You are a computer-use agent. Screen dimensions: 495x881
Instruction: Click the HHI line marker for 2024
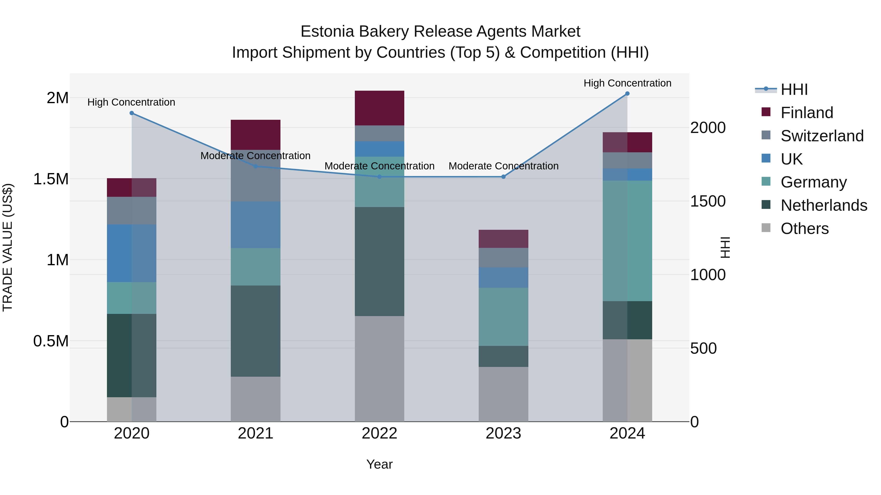click(x=627, y=93)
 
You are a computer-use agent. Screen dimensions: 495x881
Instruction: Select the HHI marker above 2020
click(x=132, y=113)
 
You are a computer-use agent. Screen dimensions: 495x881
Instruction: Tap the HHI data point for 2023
click(x=503, y=177)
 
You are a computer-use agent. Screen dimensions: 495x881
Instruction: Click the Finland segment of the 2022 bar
click(x=379, y=108)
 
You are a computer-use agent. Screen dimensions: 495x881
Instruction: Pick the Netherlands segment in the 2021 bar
click(x=255, y=331)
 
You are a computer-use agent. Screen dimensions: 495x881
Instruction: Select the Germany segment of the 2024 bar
click(x=627, y=241)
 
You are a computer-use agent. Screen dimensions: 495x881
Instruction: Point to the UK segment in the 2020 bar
click(x=132, y=253)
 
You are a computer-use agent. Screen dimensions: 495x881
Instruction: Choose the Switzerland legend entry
click(x=822, y=136)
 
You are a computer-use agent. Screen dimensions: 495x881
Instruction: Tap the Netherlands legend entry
click(x=823, y=205)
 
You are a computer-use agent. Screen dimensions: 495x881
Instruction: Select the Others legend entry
click(x=804, y=229)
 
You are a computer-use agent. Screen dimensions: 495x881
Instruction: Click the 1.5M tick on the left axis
click(x=51, y=179)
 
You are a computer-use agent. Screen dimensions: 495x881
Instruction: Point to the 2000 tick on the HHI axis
click(x=707, y=128)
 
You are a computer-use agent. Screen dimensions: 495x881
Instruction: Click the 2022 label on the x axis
click(x=379, y=433)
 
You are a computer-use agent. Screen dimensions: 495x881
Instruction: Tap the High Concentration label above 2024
click(x=627, y=83)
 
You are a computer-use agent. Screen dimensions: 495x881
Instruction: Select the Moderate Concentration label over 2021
click(x=255, y=155)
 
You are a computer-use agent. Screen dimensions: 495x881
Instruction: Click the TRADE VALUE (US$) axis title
click(x=8, y=247)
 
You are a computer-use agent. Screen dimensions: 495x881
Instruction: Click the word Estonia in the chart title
click(x=327, y=32)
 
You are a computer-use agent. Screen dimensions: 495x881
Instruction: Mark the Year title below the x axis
click(x=379, y=464)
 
